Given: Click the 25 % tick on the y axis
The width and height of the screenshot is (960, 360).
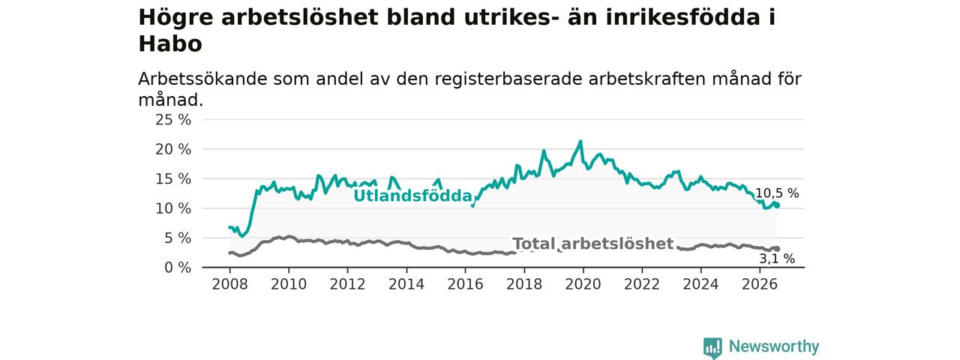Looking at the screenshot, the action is click(173, 119).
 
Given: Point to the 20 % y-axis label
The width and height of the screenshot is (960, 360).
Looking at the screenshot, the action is click(173, 149).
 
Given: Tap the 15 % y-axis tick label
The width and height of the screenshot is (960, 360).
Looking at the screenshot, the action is click(173, 178).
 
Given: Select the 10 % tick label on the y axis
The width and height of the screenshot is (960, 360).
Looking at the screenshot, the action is click(173, 208).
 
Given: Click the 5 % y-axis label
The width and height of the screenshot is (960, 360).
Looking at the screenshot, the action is click(178, 238).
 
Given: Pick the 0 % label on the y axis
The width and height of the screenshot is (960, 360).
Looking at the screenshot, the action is click(178, 268).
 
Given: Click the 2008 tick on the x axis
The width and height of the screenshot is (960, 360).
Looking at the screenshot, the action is click(229, 284).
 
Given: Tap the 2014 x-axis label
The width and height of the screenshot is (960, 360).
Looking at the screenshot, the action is click(406, 284).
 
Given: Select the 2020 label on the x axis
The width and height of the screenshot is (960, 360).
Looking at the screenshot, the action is click(583, 284).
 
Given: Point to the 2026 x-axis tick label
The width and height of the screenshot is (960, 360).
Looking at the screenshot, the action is click(760, 284).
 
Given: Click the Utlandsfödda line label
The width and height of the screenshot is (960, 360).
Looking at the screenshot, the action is click(412, 196).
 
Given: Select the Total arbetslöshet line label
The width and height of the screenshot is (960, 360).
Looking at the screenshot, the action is click(593, 244).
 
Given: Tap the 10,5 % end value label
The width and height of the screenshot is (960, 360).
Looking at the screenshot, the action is click(777, 193).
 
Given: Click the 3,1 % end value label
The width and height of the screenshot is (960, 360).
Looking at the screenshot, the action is click(777, 259).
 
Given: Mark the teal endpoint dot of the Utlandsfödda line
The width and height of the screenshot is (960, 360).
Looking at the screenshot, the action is click(777, 205).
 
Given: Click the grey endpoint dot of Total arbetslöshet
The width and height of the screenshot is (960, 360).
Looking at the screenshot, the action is click(777, 249).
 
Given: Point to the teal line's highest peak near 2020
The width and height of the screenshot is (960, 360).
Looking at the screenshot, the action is click(580, 141).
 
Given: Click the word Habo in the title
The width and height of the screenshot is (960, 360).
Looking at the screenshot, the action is click(170, 43).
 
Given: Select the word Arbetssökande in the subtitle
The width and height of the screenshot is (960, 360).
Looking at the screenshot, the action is click(202, 79).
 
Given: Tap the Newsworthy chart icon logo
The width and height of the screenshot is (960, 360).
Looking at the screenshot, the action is click(712, 347).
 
